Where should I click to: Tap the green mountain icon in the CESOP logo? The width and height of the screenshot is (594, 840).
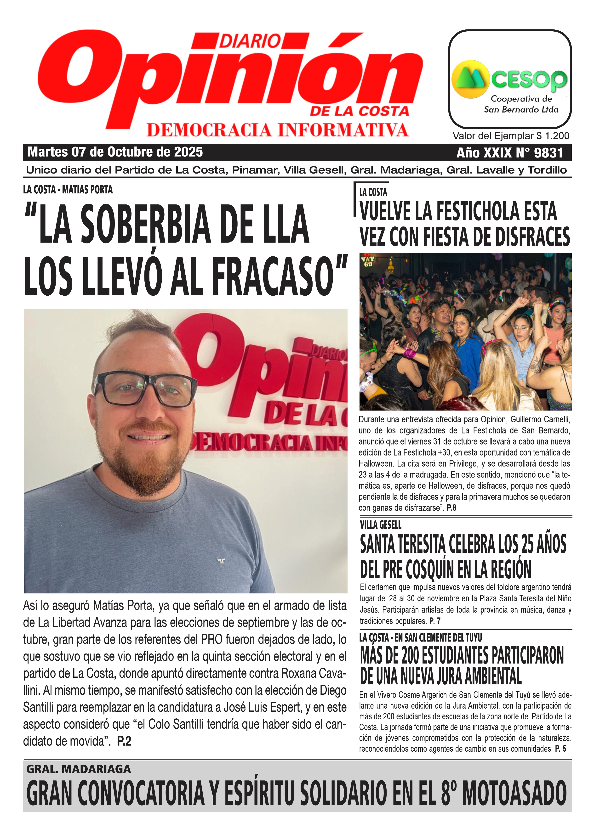coord(470,79)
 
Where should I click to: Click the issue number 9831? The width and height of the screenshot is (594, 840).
coord(548,152)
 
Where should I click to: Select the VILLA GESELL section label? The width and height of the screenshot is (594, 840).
coord(380,525)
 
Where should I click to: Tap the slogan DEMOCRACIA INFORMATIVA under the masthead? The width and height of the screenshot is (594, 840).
coord(277,130)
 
